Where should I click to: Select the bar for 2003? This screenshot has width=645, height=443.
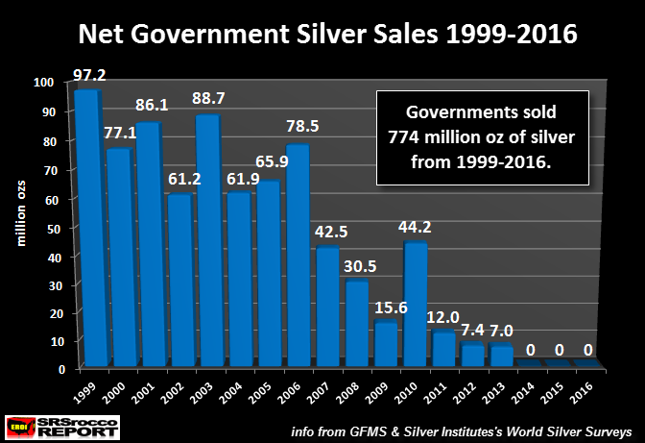coord(205,240)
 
